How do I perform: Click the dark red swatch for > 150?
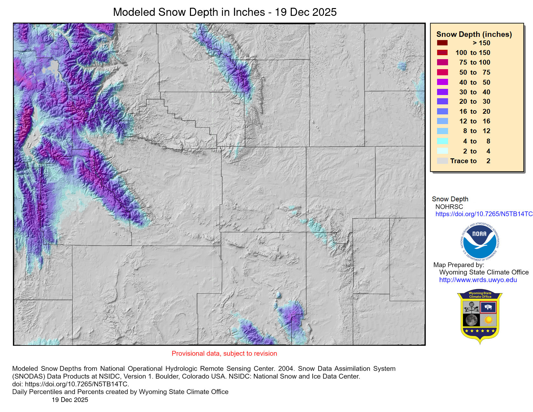click(442, 43)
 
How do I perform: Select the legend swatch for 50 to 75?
click(442, 72)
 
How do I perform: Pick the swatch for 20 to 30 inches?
click(442, 101)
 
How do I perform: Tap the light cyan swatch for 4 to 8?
click(442, 141)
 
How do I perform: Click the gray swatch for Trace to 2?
click(442, 161)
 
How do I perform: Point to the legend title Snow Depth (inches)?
click(474, 34)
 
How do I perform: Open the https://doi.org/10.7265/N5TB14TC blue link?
click(484, 214)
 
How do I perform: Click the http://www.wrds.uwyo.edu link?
click(478, 280)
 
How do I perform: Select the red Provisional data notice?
click(224, 354)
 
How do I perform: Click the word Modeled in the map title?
click(134, 12)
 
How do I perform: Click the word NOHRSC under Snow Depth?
click(449, 207)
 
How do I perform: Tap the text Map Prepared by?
click(458, 265)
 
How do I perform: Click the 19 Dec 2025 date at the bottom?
click(70, 400)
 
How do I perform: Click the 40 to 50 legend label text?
click(475, 82)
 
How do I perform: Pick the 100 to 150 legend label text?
click(473, 53)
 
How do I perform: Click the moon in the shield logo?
click(472, 320)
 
